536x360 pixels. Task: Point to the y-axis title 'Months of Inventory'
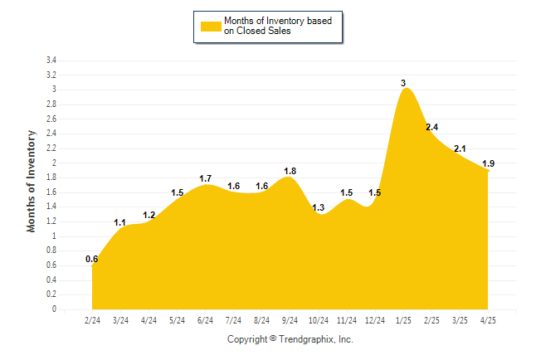32,180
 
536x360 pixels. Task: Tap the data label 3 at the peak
403,83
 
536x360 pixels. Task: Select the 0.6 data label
92,259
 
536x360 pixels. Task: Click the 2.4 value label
431,127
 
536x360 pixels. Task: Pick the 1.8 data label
290,171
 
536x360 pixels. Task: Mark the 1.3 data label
319,207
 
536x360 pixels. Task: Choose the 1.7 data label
206,178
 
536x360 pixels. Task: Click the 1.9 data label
489,163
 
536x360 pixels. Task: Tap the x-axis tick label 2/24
93,320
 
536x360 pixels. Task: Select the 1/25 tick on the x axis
403,320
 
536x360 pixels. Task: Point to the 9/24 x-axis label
290,320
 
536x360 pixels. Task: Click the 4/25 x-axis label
488,320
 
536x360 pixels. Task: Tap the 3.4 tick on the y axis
51,61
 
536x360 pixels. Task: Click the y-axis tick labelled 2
54,163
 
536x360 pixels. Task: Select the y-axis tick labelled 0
54,309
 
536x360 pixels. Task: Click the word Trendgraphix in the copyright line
305,339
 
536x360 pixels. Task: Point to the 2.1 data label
460,148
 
